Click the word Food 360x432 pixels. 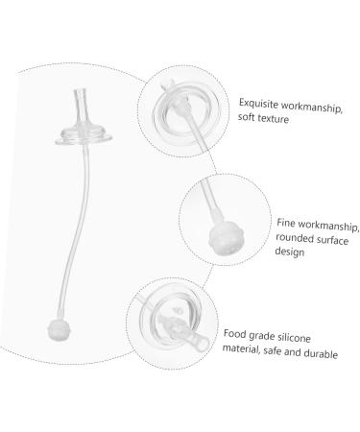(x=238, y=335)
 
